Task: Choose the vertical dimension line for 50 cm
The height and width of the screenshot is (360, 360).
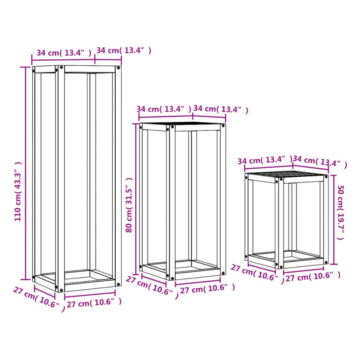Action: tap(333, 219)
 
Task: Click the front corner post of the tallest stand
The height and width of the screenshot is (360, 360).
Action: tap(61, 179)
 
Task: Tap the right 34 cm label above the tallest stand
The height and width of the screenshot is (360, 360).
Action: tap(124, 50)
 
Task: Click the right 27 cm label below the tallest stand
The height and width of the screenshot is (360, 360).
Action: tap(94, 303)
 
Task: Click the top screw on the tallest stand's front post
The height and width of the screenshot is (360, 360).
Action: tap(61, 68)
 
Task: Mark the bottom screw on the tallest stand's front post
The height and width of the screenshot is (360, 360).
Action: tap(61, 290)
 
